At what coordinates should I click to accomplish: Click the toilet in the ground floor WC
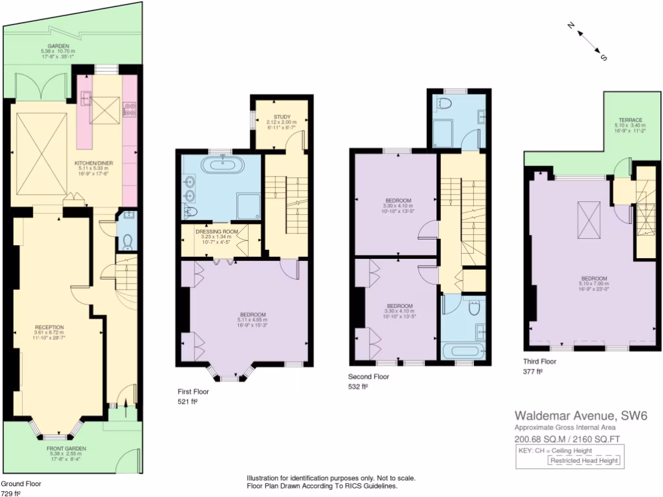tap(127, 240)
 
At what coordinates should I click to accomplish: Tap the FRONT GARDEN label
tap(66, 448)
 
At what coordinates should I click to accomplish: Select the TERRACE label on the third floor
tap(630, 120)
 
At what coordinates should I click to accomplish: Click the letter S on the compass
tap(603, 58)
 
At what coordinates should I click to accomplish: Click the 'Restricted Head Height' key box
tap(584, 461)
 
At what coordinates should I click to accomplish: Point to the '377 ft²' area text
tap(532, 372)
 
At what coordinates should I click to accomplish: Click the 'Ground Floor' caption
tap(21, 483)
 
